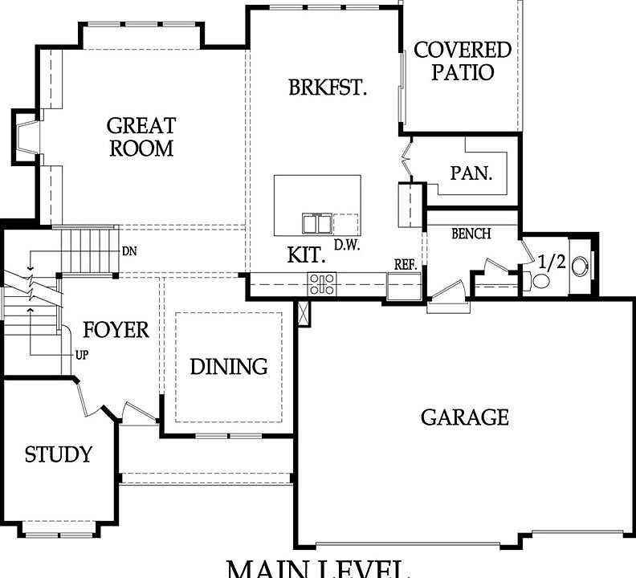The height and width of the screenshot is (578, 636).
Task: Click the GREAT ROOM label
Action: click(141, 136)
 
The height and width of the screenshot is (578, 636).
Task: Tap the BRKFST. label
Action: click(328, 88)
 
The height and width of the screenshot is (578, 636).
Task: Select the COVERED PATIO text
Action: click(462, 61)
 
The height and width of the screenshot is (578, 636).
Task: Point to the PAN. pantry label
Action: click(471, 173)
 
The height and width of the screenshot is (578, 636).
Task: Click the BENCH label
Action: click(471, 234)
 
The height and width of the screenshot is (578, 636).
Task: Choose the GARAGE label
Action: click(465, 417)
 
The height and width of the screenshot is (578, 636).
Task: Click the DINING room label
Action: click(229, 367)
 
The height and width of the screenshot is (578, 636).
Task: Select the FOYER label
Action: click(116, 329)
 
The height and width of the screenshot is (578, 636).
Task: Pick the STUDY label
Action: click(58, 454)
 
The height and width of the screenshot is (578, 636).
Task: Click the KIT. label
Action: click(307, 256)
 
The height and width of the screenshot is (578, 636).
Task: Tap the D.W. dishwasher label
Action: click(346, 245)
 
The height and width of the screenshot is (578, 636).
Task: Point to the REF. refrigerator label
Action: click(403, 263)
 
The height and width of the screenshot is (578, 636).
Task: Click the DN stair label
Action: click(129, 250)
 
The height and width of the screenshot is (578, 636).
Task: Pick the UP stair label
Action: click(82, 354)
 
